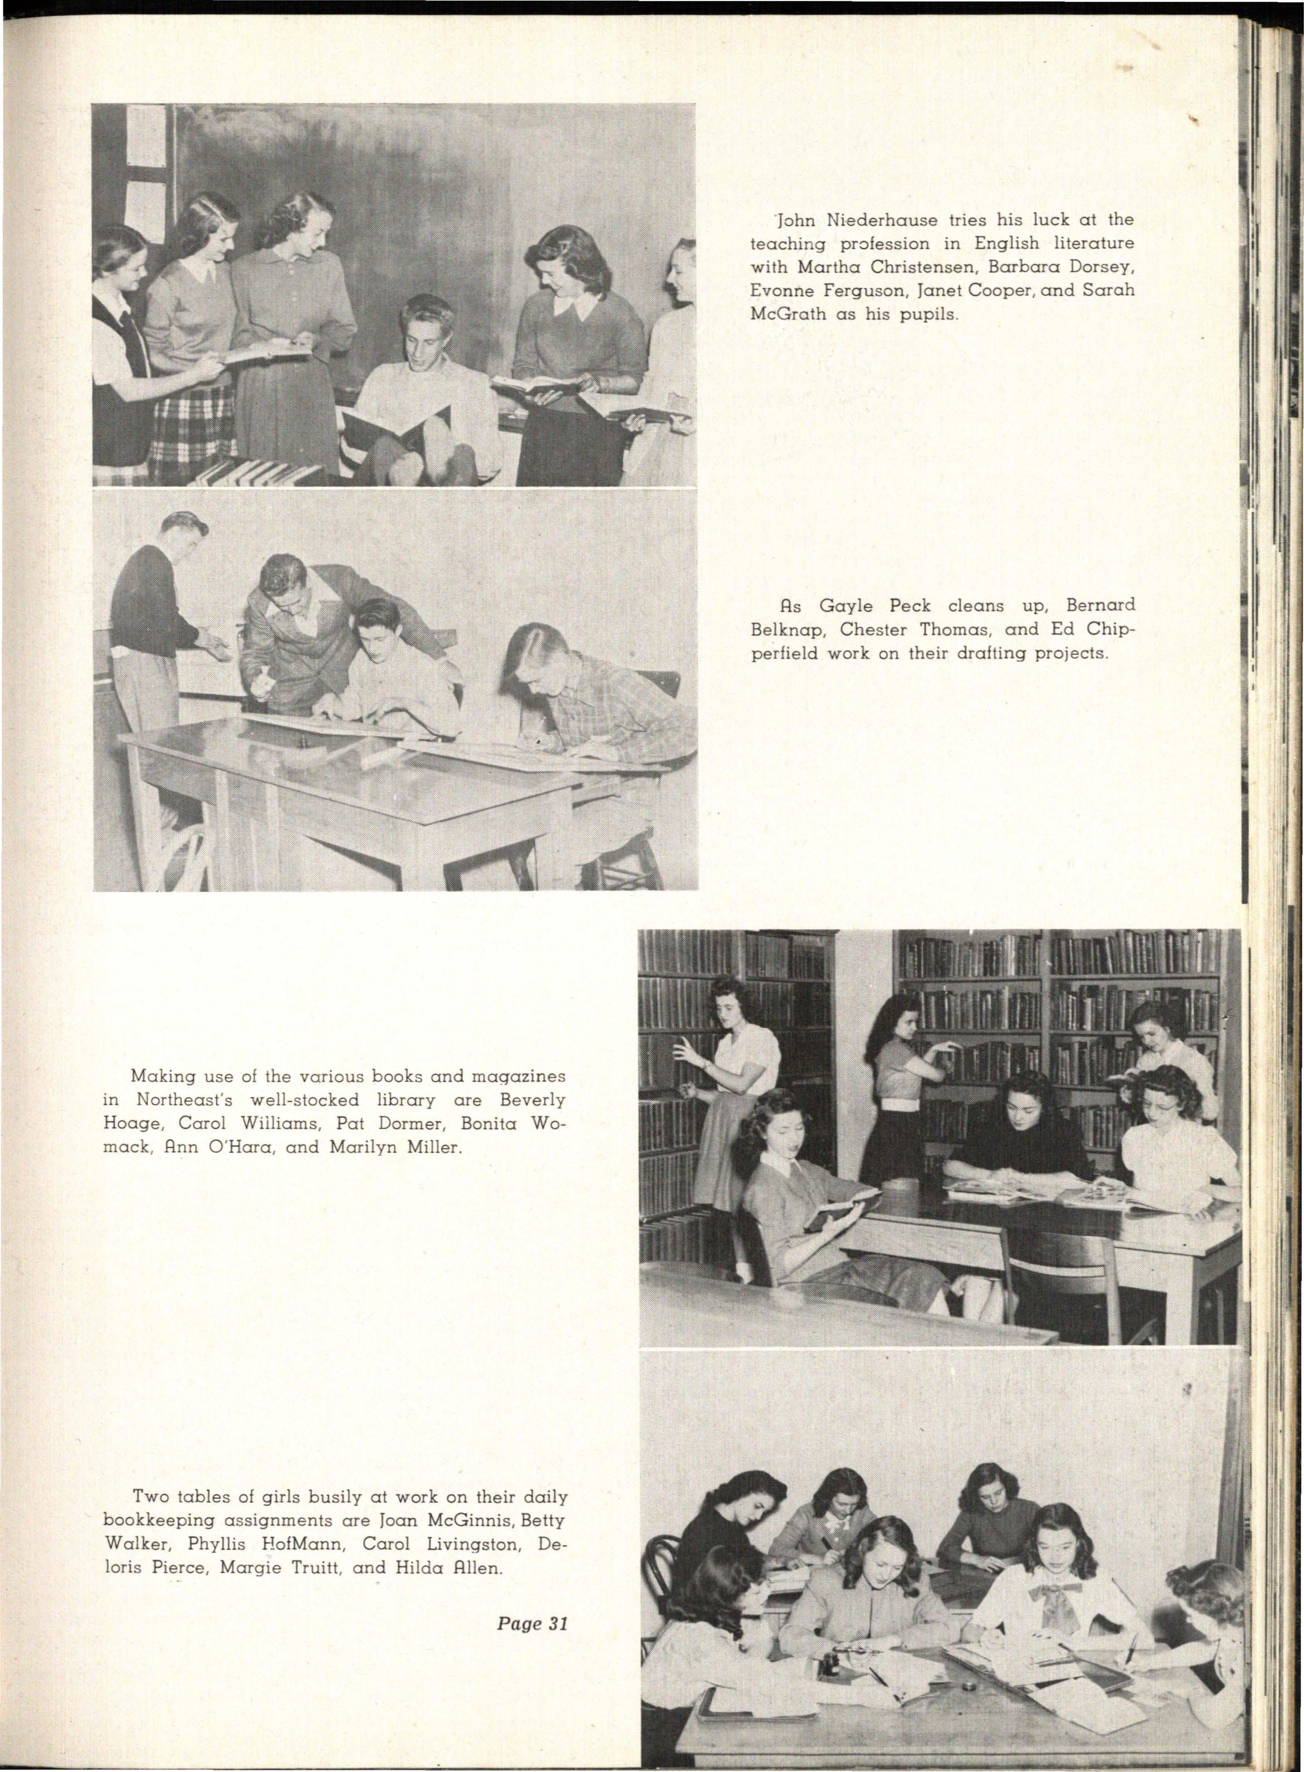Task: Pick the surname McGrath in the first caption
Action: pos(789,313)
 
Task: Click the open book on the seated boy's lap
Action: pos(395,427)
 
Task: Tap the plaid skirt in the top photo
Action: pos(192,434)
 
